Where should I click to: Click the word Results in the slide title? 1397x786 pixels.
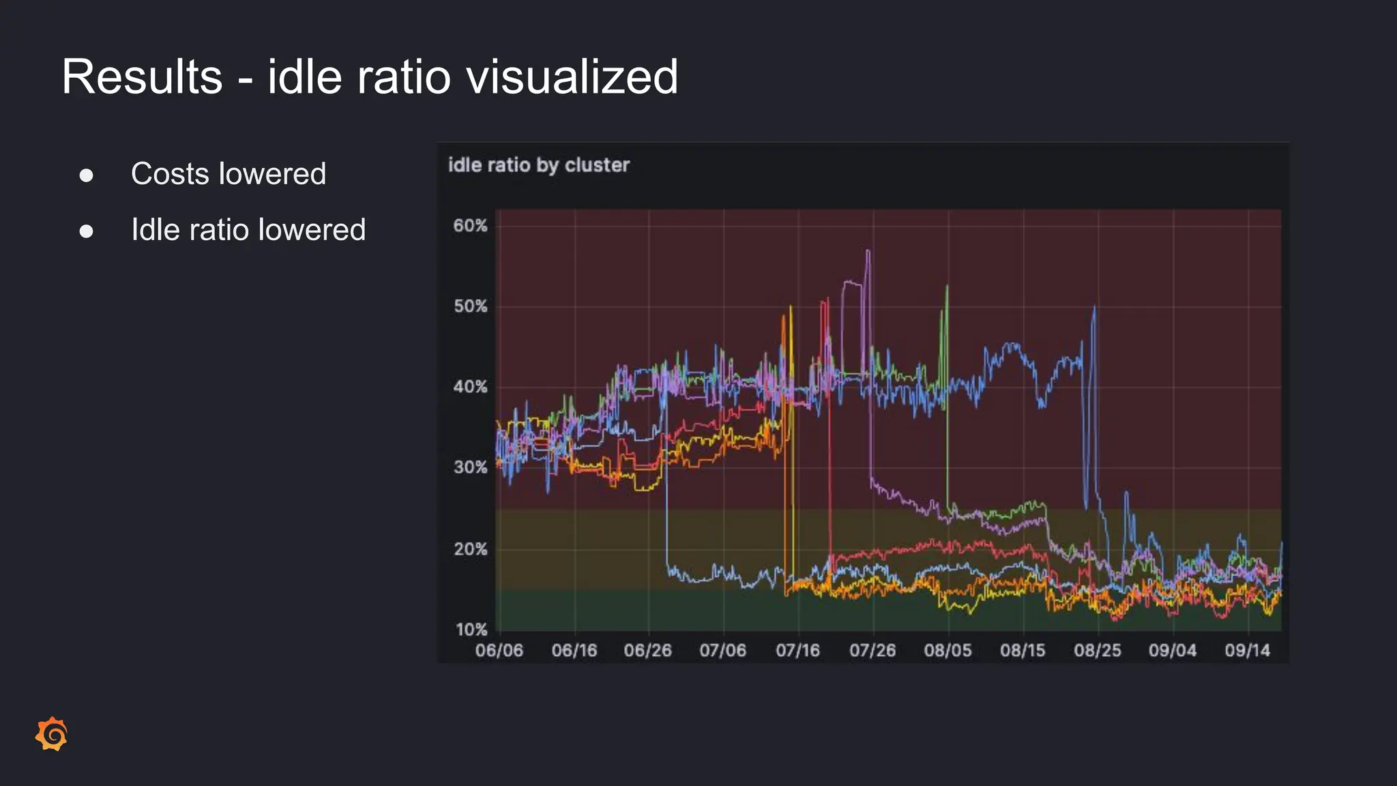142,76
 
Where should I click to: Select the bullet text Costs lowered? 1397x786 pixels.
229,174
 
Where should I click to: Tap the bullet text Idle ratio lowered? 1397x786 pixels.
248,230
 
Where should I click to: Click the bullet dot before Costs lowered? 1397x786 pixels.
86,175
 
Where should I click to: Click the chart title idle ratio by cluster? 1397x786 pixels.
538,165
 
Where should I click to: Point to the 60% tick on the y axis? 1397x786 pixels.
471,226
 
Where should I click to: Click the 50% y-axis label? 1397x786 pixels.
471,306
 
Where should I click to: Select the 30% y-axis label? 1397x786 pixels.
471,467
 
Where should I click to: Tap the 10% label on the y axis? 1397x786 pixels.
471,629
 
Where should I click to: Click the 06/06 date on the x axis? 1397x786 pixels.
499,650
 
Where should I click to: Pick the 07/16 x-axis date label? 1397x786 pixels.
797,650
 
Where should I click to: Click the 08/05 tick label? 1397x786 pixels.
947,650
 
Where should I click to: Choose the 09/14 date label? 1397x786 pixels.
1247,650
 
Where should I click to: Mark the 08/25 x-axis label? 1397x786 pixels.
1098,650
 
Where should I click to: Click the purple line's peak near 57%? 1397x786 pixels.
868,252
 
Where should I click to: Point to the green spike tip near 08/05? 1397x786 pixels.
947,287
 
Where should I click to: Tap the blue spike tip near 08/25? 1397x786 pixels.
1094,308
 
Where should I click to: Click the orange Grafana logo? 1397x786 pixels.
52,734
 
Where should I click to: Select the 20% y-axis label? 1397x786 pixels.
471,549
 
